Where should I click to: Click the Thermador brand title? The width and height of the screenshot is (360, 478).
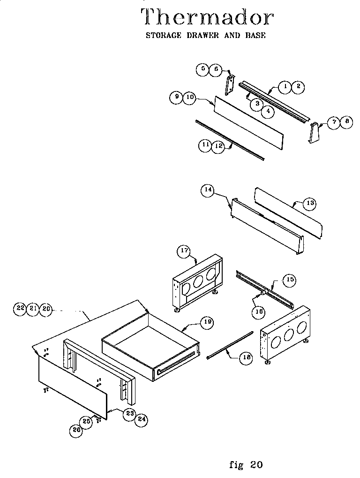[x=207, y=17]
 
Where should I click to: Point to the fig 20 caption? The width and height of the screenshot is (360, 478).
[x=246, y=465]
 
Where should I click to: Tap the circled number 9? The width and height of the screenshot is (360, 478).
[x=176, y=98]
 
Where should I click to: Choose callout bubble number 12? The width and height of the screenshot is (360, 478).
[x=217, y=146]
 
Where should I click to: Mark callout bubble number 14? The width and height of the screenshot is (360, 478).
[x=208, y=190]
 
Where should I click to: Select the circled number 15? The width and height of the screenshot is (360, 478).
[x=290, y=280]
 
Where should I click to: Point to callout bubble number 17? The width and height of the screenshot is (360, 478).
[x=183, y=251]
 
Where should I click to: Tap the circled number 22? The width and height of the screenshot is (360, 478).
[x=20, y=308]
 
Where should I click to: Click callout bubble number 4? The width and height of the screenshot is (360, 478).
[x=268, y=111]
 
